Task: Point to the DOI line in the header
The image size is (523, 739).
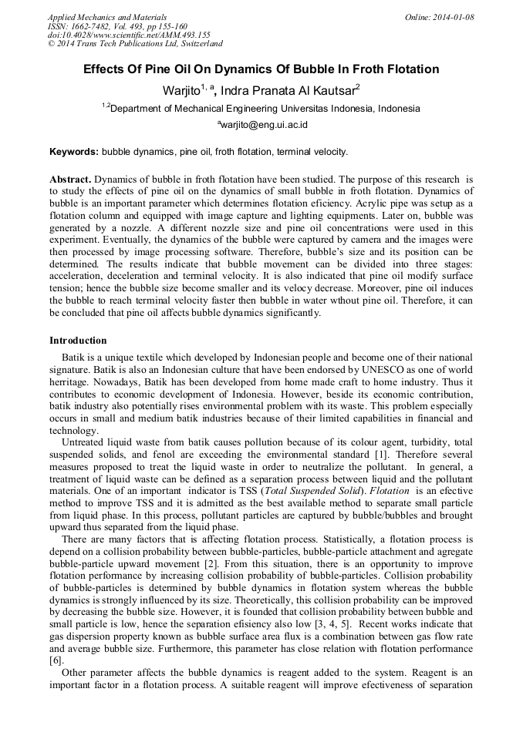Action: (x=129, y=35)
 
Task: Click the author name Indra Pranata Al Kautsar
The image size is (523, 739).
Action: (x=287, y=90)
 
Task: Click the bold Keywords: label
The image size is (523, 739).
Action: (x=74, y=152)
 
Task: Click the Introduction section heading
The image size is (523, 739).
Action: (x=78, y=340)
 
